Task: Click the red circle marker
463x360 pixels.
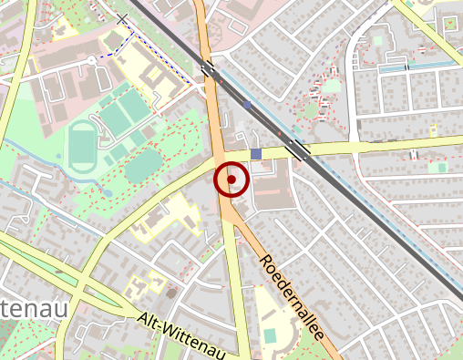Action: click(x=231, y=180)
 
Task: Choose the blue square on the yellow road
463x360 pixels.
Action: click(x=256, y=154)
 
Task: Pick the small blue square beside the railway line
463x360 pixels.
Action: click(x=247, y=105)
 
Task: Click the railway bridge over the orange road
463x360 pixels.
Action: click(x=211, y=68)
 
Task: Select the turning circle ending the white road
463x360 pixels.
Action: click(x=91, y=58)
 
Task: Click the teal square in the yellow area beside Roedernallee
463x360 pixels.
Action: click(x=270, y=335)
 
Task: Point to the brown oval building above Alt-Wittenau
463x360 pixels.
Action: click(x=170, y=293)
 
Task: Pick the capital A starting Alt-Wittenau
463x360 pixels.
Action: click(x=145, y=320)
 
